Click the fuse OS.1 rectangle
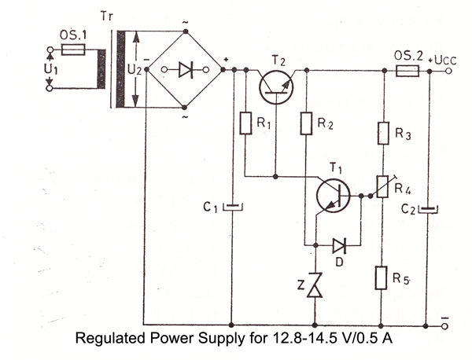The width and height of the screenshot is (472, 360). [72, 49]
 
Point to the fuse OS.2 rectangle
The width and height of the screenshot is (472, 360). [407, 70]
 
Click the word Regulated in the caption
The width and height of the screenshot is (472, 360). [106, 341]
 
